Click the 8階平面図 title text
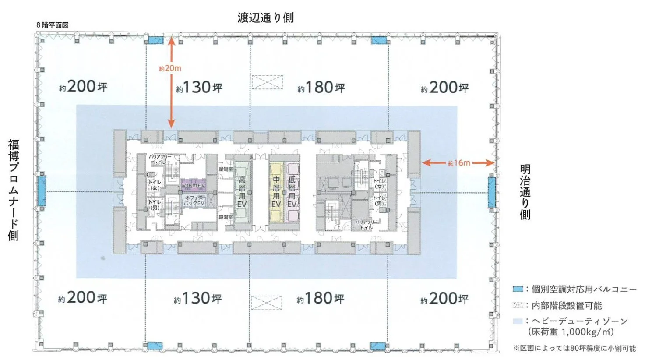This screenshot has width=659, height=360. click(53, 25)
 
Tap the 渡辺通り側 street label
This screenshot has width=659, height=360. click(265, 18)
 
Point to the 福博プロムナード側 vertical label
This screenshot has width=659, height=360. click(14, 190)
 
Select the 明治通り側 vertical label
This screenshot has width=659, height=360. click(525, 191)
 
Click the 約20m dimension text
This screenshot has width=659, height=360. click(170, 68)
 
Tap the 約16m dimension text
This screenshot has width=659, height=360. click(459, 163)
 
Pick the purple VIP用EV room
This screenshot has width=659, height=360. click(194, 186)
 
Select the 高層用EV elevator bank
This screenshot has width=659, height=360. click(242, 192)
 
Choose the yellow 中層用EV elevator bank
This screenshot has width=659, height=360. click(276, 192)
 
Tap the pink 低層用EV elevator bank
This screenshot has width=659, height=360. click(292, 192)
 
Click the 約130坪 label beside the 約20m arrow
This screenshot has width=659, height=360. click(199, 88)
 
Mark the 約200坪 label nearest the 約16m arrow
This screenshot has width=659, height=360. click(444, 88)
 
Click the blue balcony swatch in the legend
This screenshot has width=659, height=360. click(518, 289)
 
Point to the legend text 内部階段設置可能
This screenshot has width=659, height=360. click(567, 305)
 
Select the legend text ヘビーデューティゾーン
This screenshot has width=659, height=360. click(579, 321)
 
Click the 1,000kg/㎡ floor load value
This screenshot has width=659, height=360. click(587, 332)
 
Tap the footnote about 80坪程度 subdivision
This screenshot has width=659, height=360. click(574, 348)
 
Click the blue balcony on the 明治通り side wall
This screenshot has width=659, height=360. click(492, 191)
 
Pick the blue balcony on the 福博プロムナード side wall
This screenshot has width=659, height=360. click(41, 191)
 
